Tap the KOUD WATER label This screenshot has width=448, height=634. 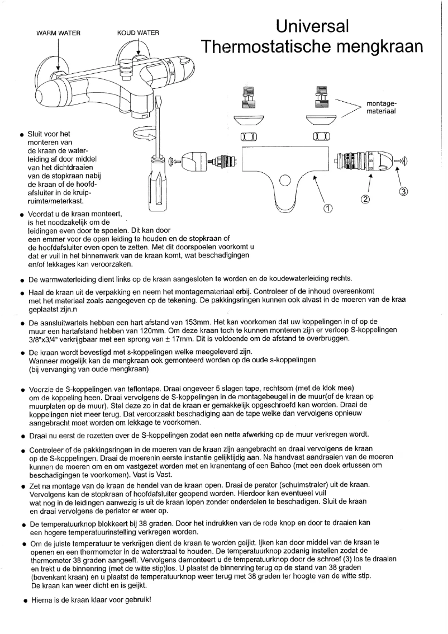coord(137,33)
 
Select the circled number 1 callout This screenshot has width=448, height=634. coord(328,209)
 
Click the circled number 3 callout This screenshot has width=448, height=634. coord(404,191)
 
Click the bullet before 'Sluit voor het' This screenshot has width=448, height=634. coord(21,135)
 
